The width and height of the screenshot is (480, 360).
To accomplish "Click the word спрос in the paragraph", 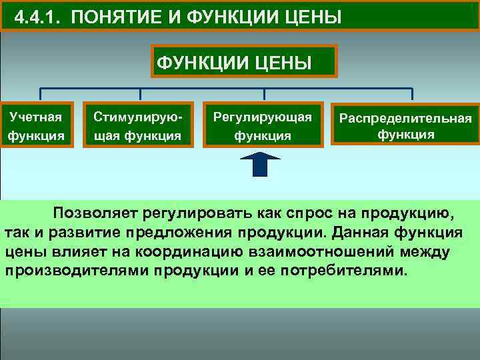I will pos(313,213).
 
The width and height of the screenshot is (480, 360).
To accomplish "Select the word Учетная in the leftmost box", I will pos(36,117).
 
